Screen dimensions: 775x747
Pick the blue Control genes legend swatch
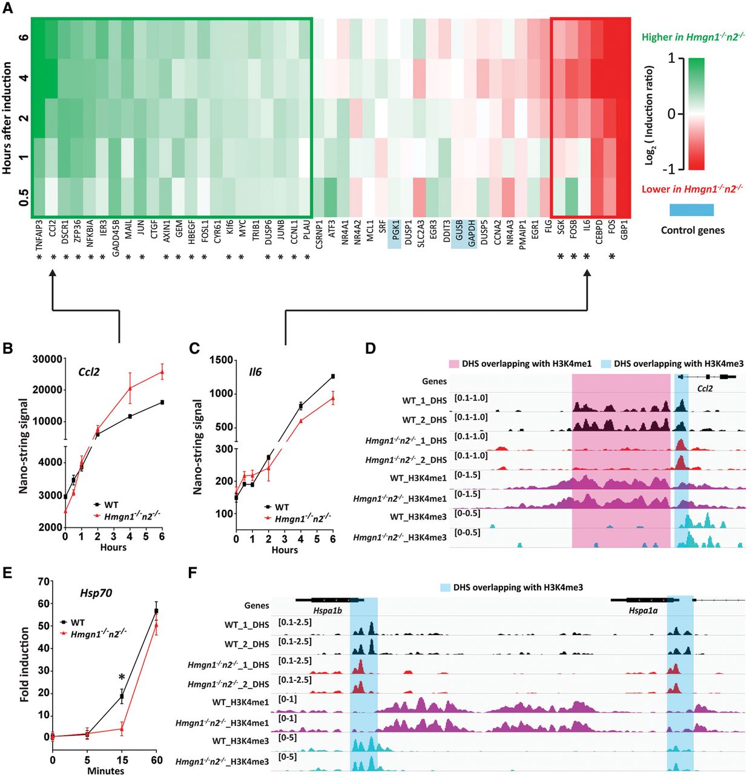[x=691, y=209]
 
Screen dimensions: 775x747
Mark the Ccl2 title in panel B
[x=89, y=372]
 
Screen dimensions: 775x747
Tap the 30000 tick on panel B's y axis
[x=47, y=359]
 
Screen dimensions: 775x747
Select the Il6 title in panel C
[x=255, y=372]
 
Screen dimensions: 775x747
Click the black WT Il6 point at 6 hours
[x=332, y=377]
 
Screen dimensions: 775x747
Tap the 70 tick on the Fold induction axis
[x=43, y=582]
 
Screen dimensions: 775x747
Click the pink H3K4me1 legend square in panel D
[x=453, y=364]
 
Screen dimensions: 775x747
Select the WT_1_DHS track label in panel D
[x=424, y=401]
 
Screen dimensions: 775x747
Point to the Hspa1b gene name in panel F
[x=327, y=611]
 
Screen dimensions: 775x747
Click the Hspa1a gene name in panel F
[x=643, y=611]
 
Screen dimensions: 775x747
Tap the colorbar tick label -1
[x=669, y=168]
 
